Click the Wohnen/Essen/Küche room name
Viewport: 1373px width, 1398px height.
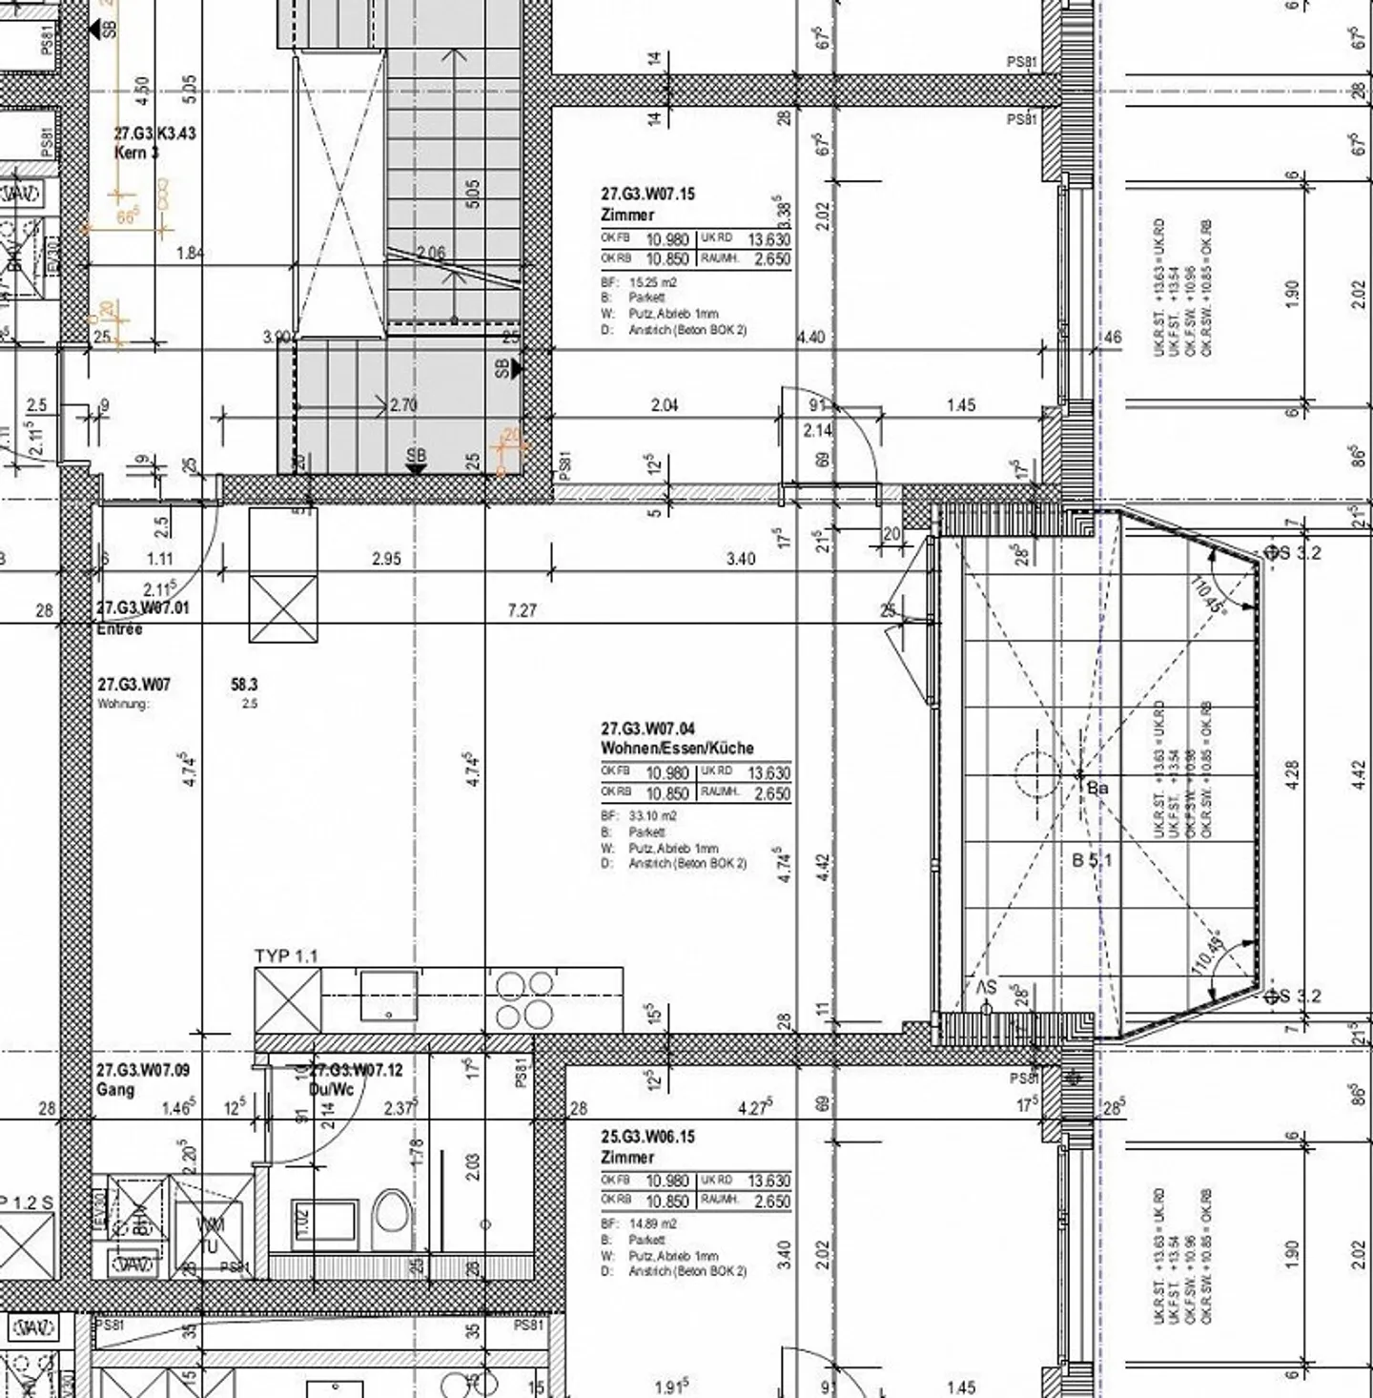click(677, 748)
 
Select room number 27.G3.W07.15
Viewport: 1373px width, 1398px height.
click(647, 194)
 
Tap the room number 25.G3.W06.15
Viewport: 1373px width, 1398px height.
click(647, 1137)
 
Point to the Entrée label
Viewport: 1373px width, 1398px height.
click(119, 629)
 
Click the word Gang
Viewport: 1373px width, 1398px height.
click(115, 1089)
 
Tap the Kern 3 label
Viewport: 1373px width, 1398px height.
click(137, 153)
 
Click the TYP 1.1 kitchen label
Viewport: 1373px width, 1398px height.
click(286, 956)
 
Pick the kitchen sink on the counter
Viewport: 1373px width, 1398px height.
click(388, 996)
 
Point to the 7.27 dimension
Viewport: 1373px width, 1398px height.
click(523, 610)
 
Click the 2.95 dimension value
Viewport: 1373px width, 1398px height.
click(386, 559)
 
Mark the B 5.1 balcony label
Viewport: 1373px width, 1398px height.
click(1092, 860)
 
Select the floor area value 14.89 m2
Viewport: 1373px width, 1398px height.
click(652, 1223)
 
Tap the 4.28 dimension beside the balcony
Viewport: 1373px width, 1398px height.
click(1293, 773)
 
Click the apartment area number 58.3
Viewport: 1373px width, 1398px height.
click(244, 685)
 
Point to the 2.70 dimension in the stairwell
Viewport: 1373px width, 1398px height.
click(403, 405)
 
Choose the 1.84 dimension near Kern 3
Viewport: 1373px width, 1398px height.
click(191, 254)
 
